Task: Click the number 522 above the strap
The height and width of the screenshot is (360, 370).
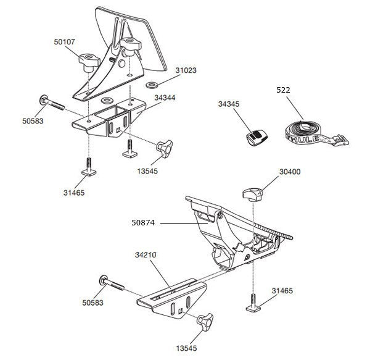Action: [283, 90]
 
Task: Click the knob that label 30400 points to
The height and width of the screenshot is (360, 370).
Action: [253, 195]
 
